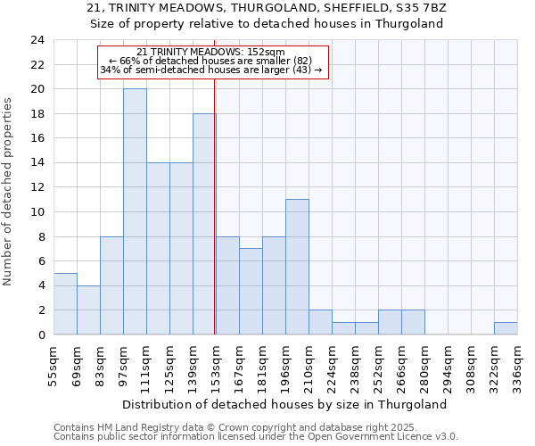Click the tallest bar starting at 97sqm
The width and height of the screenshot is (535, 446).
coord(135,211)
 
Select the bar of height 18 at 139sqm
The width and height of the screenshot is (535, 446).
coord(204,224)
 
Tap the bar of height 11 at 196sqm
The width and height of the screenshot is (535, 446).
coord(297,267)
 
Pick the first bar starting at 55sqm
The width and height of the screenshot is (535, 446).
coord(65,303)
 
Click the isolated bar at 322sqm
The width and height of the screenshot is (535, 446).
coord(506,328)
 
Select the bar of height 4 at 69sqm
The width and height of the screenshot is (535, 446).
coord(88,310)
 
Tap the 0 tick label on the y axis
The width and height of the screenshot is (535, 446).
coord(40,334)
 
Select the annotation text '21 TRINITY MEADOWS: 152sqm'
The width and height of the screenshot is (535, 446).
coord(211,53)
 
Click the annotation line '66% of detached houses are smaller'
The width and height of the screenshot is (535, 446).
coord(211,61)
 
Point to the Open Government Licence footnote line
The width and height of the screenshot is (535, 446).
coord(256,437)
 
